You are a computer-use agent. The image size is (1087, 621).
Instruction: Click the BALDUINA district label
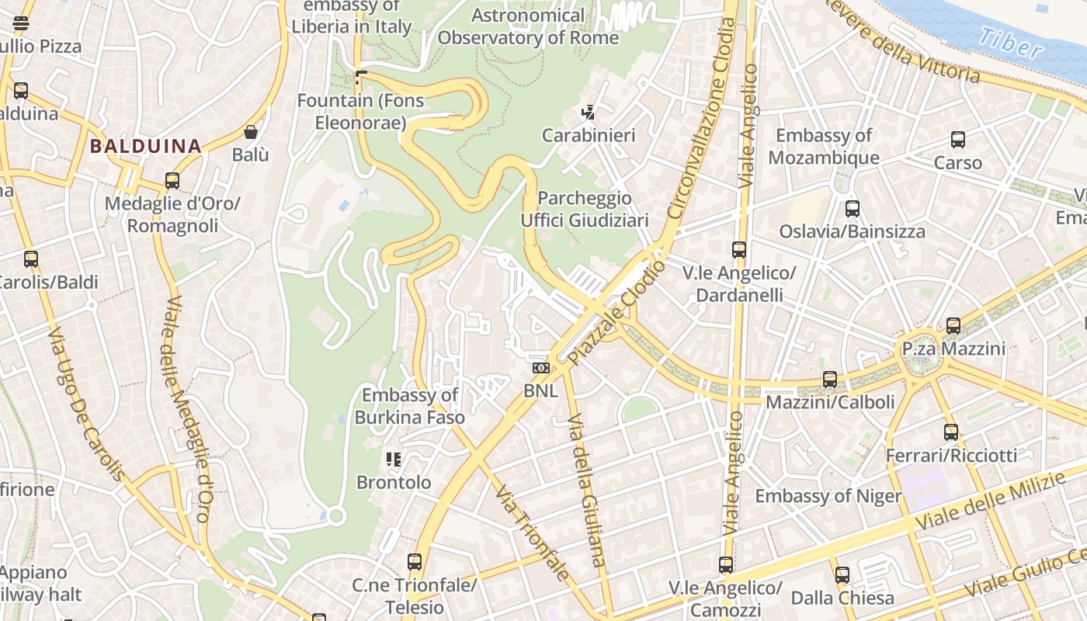(145, 146)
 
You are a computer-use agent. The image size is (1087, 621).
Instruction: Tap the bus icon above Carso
(958, 140)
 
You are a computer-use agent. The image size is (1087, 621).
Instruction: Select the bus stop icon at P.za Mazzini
(953, 326)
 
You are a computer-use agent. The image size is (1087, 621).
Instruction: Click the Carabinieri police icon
(588, 113)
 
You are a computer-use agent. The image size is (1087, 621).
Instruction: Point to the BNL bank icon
(541, 368)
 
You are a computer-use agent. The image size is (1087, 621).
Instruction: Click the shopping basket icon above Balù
(251, 132)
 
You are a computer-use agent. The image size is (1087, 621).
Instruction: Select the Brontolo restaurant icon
(394, 460)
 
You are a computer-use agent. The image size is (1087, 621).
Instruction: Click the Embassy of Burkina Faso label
(410, 406)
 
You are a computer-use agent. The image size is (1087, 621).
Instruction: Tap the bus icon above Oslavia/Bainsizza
(853, 208)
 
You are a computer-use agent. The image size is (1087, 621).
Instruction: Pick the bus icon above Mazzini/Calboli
(830, 380)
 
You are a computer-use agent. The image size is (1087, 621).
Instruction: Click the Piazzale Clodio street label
(616, 314)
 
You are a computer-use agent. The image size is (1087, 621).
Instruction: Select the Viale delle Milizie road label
(990, 502)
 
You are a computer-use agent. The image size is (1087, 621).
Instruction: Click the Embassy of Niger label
(828, 496)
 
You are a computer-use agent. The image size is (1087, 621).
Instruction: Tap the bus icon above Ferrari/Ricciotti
(951, 432)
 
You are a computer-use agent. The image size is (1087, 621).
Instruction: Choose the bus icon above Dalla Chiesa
(842, 575)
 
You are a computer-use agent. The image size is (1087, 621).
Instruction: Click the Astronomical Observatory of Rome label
(528, 26)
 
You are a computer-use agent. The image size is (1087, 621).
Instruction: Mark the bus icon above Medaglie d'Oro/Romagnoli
(172, 181)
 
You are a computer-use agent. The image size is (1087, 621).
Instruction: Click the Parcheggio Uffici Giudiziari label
(584, 210)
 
